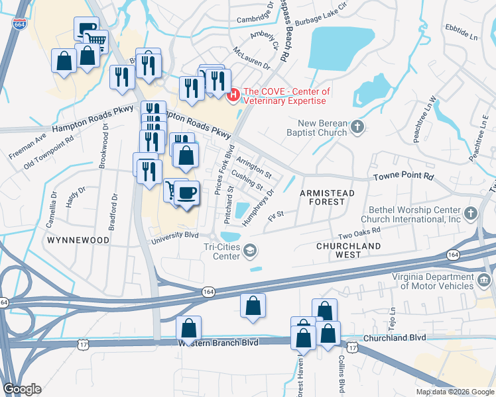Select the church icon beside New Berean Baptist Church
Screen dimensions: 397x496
(357, 126)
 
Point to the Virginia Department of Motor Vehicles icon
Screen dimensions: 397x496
(484, 281)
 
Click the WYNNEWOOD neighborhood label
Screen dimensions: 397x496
(78, 241)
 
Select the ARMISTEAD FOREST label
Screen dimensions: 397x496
(328, 193)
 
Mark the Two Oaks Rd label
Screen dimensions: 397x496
(359, 233)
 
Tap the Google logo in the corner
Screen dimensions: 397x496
(22, 389)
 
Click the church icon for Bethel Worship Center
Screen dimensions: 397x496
(471, 213)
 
